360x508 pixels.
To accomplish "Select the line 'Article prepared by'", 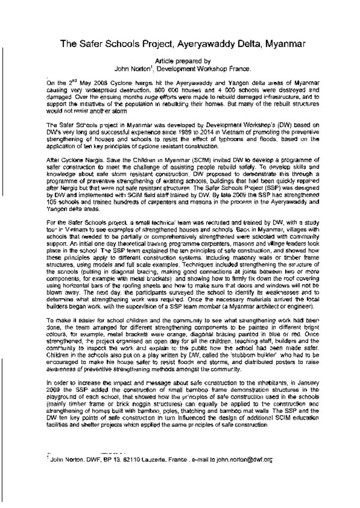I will [x=183, y=61].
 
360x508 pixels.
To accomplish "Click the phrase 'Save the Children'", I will [x=125, y=160].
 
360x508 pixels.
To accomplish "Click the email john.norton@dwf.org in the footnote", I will [x=245, y=460].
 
